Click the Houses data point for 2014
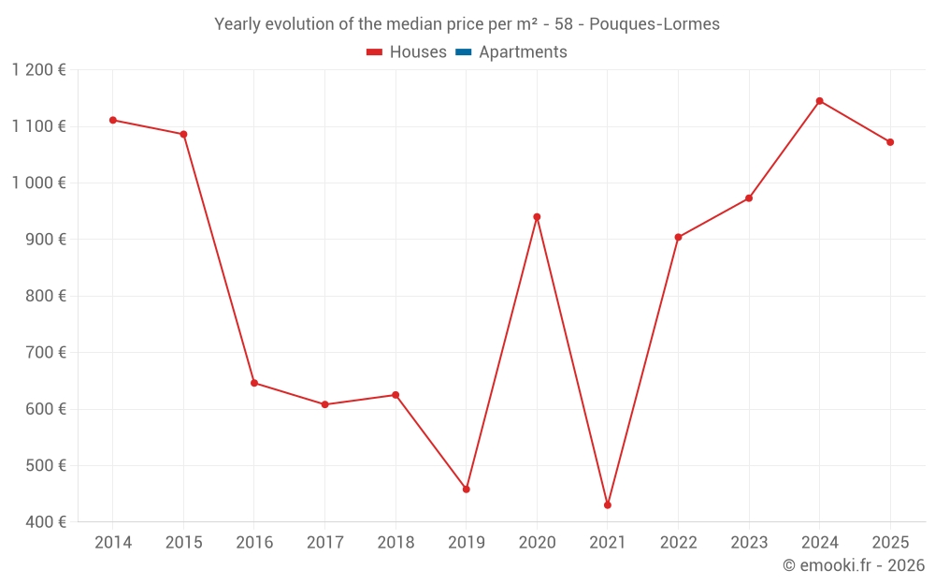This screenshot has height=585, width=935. pos(113,120)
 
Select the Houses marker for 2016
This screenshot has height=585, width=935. pos(254,383)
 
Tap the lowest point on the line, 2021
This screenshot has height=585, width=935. pos(608,505)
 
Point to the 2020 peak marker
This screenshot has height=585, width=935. pos(537,217)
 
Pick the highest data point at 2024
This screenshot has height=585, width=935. pos(819,101)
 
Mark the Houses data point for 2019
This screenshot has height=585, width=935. pos(466,489)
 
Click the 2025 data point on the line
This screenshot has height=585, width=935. pos(890,142)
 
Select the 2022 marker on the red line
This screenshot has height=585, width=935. pos(678,237)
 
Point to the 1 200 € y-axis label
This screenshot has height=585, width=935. pos(39,70)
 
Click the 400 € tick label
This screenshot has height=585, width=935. pos(47,521)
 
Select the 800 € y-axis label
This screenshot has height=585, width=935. pos(47,296)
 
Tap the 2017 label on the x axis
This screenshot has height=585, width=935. pos(324,543)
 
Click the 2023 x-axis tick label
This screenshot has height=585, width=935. pos(749,543)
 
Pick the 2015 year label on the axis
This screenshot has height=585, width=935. pos(183,543)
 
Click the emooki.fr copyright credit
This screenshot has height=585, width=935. pos(853,565)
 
